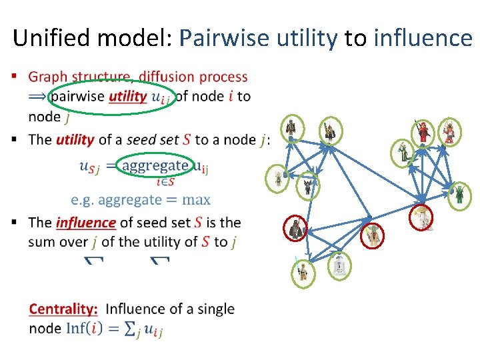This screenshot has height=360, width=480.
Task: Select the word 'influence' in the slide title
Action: click(423, 37)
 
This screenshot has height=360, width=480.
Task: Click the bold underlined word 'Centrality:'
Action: click(63, 309)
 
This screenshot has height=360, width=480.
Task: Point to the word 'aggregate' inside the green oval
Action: click(155, 165)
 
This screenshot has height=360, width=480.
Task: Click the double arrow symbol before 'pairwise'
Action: click(39, 97)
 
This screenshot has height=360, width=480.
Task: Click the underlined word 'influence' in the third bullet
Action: click(86, 223)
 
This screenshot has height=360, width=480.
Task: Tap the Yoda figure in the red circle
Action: click(371, 235)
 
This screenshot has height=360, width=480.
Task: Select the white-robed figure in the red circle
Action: click(421, 217)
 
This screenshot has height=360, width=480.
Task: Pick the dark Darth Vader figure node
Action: click(295, 229)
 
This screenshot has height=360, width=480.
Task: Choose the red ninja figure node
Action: click(424, 132)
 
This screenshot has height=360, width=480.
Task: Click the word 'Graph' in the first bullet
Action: click(49, 78)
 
